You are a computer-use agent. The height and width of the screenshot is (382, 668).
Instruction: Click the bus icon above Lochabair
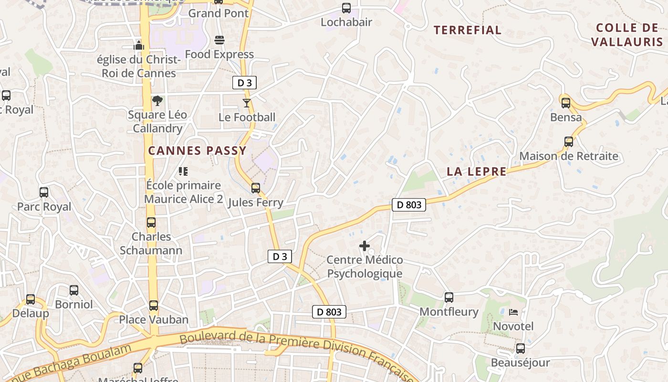346,8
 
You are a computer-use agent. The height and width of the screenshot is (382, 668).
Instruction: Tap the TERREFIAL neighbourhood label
468,30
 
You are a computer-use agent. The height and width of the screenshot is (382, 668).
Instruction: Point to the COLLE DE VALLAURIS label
627,35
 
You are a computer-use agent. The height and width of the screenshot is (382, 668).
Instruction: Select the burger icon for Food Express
219,40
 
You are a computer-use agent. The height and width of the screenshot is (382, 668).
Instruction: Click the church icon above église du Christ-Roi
139,45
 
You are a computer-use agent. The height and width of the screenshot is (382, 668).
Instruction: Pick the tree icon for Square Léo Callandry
157,101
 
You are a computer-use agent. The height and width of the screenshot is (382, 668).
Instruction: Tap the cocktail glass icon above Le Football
247,103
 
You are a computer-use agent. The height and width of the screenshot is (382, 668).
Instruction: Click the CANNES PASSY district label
197,151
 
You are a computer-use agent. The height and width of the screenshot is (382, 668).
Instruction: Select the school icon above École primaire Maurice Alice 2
183,171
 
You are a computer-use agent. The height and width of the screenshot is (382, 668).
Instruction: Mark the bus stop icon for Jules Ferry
256,188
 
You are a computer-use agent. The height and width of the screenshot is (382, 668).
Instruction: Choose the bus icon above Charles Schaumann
151,223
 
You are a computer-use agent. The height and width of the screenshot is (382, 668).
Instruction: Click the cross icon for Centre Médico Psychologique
365,246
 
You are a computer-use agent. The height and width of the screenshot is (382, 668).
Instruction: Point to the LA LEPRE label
477,172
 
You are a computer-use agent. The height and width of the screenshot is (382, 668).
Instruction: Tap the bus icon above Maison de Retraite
569,142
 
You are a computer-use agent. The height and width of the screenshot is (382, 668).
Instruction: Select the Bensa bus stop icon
566,103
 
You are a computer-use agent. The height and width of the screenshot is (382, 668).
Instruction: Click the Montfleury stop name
449,312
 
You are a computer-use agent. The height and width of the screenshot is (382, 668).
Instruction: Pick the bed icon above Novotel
513,312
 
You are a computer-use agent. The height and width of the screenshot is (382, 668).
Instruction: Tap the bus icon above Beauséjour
521,349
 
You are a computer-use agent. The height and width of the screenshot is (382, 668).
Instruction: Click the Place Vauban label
154,319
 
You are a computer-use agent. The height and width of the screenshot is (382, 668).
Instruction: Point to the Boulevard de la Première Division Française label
296,351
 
